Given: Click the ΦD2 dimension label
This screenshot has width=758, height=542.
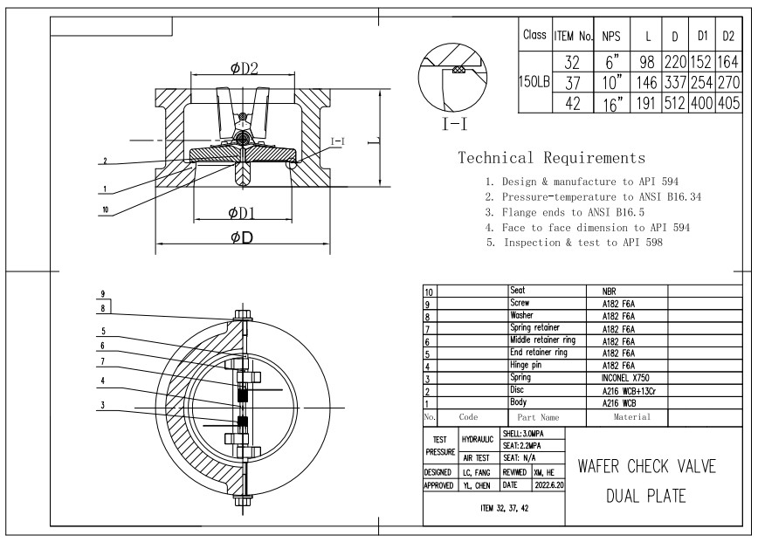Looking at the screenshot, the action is tap(245, 68).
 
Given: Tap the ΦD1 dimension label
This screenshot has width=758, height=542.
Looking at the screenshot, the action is tap(242, 213).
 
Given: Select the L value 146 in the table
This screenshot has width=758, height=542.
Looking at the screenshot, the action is tap(646, 83).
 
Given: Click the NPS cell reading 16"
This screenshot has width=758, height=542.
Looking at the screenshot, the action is tap(612, 103).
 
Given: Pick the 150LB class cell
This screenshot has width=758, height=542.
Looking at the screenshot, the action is tap(534, 82).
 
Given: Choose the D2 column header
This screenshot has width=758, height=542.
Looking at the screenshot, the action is tap(728, 36).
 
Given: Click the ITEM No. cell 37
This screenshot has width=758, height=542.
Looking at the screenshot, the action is tap(573, 83).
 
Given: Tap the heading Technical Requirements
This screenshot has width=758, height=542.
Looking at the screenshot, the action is tap(552, 158).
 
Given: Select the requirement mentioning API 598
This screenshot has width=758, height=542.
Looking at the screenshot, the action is tap(575, 243).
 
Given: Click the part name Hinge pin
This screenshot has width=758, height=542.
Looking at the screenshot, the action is tap(526, 365).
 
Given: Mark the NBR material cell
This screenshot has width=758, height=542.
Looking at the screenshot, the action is tap(610, 292).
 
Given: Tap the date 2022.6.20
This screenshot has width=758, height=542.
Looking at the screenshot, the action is tap(549, 485).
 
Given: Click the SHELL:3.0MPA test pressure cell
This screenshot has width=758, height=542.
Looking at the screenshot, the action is tap(523, 434).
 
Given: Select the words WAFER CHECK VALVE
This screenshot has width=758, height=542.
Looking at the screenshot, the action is tap(646, 466).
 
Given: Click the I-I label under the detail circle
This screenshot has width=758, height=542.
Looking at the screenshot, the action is tap(455, 125).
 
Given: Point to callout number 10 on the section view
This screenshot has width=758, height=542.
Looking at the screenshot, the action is tap(106, 209).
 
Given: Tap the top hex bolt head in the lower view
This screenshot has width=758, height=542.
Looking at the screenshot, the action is tap(243, 315).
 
